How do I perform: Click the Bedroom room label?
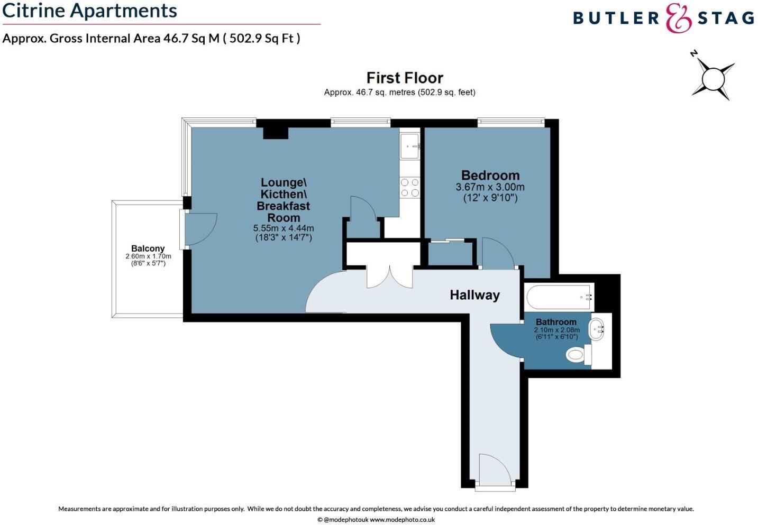click(x=490, y=176)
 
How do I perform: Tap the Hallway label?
click(x=474, y=295)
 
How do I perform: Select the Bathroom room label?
click(x=555, y=322)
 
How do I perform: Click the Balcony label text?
click(x=148, y=248)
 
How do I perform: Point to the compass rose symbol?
click(x=713, y=79)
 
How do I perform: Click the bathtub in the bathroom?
click(x=559, y=298)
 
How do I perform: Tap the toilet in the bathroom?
click(x=578, y=354)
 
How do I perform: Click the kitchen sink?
click(x=409, y=145)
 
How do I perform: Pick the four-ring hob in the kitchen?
click(x=410, y=188)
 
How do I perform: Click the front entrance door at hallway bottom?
click(x=495, y=471)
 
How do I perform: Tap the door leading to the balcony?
click(x=198, y=229)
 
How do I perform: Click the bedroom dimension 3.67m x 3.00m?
click(x=490, y=187)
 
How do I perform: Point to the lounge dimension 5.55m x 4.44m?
click(x=284, y=228)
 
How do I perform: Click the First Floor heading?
click(x=405, y=78)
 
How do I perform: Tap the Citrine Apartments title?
click(x=89, y=11)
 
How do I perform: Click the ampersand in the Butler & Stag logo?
click(x=678, y=19)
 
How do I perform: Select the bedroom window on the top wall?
click(x=510, y=122)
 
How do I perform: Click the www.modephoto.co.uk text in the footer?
click(x=402, y=520)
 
